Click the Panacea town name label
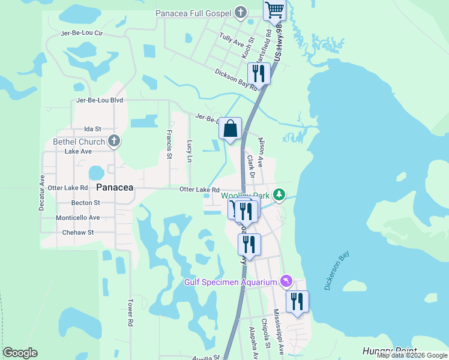coord(115,187)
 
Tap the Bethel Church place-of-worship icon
coord(114,142)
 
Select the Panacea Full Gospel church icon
coord(240,13)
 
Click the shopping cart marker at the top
coord(274,10)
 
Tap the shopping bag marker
coord(230,128)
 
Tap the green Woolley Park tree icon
coord(279,194)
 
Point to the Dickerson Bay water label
coord(336,271)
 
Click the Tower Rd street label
coord(130,313)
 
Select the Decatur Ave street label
coord(41,193)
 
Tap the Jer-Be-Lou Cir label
coord(82,34)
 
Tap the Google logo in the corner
coord(20,353)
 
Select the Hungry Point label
coord(385,350)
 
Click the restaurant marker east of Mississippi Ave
coord(297,302)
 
